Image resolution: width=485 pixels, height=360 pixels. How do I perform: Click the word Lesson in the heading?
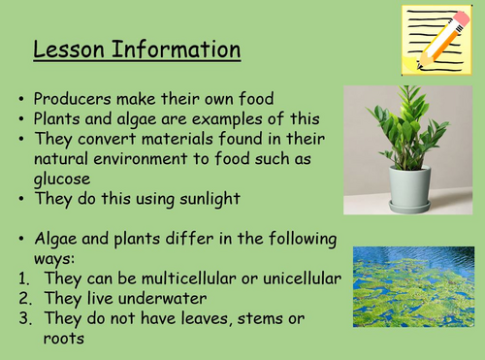point(68,49)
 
